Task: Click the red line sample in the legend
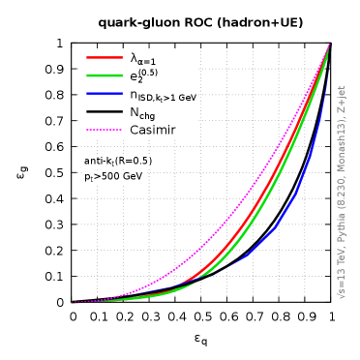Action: coord(105,57)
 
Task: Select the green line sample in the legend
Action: coord(105,75)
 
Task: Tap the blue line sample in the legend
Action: coord(105,94)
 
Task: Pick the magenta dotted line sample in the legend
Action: coord(105,130)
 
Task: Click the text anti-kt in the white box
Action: coord(98,162)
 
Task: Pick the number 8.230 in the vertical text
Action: coord(342,189)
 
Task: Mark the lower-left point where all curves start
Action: coord(72,302)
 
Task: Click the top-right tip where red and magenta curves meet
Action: coord(329,44)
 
